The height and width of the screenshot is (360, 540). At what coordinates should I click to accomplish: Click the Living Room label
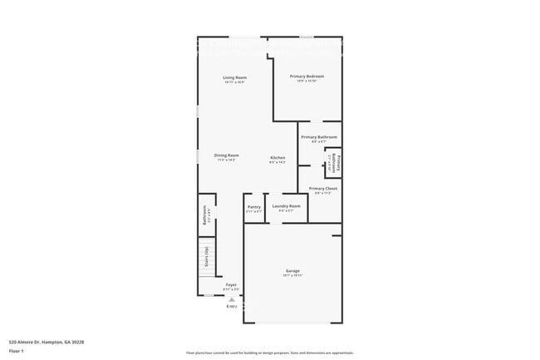click(x=234, y=77)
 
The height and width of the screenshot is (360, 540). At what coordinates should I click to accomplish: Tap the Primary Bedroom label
click(x=307, y=76)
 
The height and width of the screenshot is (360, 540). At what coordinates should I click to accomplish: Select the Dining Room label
click(x=227, y=155)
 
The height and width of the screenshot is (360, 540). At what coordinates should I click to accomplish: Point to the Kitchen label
click(x=277, y=158)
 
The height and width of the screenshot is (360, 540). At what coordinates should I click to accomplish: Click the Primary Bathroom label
click(x=319, y=136)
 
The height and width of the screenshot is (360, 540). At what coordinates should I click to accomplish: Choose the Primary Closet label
click(x=322, y=189)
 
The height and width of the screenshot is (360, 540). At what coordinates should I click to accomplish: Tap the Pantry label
click(x=254, y=206)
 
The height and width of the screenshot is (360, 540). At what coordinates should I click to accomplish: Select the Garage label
click(x=292, y=270)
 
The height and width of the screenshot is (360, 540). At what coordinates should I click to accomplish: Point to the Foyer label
click(x=232, y=284)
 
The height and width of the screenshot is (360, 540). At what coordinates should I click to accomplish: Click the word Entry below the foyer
click(x=232, y=307)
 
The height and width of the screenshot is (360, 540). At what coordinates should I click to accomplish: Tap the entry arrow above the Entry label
click(x=232, y=298)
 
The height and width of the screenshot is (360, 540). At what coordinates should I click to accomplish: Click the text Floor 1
click(x=17, y=351)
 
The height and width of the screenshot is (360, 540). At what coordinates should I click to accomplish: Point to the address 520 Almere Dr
click(x=47, y=342)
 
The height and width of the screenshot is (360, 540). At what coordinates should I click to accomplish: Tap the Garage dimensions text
click(x=292, y=275)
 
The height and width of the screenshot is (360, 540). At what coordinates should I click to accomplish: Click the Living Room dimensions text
click(x=234, y=82)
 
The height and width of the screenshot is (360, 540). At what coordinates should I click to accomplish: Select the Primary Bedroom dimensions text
click(x=307, y=81)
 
